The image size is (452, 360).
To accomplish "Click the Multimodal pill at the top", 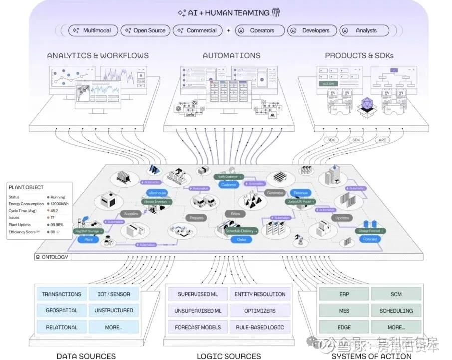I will [x=93, y=30].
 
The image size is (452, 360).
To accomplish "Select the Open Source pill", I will [x=145, y=30].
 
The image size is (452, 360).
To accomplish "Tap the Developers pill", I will [x=312, y=30].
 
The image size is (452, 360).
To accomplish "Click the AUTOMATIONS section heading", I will [x=231, y=56].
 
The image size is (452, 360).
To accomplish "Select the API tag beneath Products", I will [x=382, y=140].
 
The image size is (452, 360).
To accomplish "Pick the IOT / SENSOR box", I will [x=114, y=294].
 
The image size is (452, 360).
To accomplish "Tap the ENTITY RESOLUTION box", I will [x=260, y=294].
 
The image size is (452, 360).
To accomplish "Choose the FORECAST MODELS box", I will [x=198, y=327].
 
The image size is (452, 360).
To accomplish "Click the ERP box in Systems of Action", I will [x=344, y=294].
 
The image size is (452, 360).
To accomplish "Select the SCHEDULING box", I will [x=396, y=311].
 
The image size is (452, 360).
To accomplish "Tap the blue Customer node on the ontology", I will [x=229, y=185].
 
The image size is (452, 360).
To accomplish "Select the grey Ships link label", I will [x=235, y=214].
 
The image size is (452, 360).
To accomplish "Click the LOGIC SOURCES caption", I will [x=228, y=356].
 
